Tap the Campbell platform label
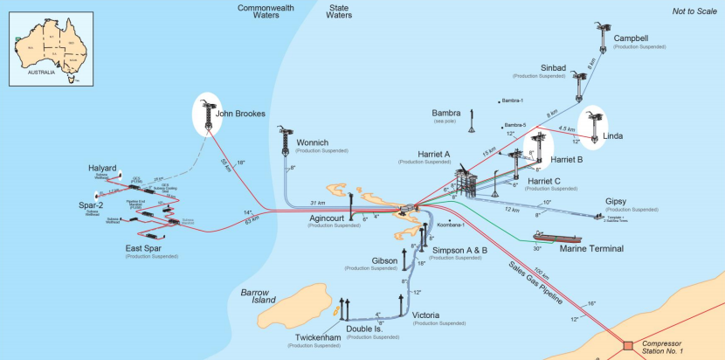pos(638,38)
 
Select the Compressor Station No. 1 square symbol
pos(627,346)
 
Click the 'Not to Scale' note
pos(692,10)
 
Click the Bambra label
pos(447,114)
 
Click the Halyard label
pos(107,168)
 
